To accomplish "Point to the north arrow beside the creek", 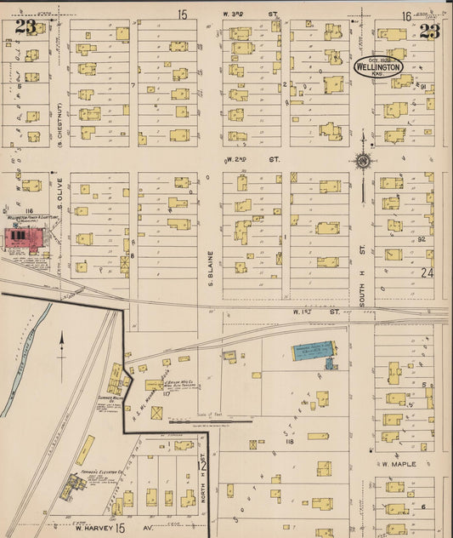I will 62,346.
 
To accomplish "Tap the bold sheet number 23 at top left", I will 25,27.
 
